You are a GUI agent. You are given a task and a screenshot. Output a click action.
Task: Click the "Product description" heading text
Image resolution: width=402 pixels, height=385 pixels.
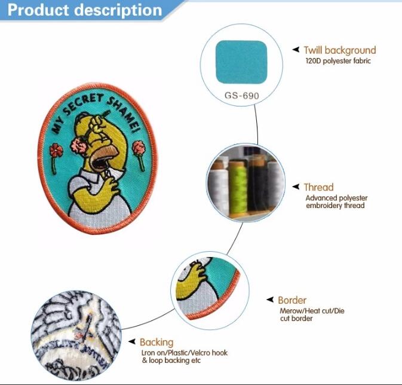tap(85, 11)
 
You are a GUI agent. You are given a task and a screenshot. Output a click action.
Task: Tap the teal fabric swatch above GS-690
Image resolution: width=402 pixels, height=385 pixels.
tap(241, 62)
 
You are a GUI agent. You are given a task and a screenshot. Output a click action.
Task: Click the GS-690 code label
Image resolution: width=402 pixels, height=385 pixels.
tap(242, 96)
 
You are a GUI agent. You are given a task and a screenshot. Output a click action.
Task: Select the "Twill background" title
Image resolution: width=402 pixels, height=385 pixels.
tap(340, 50)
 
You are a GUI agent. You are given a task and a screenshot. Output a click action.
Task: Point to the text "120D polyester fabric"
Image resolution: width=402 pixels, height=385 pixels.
tap(338, 61)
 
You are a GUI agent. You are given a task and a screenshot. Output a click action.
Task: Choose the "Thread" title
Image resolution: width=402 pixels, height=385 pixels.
tap(319, 187)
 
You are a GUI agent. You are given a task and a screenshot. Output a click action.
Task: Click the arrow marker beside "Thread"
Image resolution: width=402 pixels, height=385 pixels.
tap(296, 187)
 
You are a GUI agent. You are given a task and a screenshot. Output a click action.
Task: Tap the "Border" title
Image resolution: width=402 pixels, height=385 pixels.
tap(292, 300)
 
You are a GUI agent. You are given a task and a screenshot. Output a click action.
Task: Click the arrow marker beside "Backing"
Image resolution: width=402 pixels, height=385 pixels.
tap(132, 341)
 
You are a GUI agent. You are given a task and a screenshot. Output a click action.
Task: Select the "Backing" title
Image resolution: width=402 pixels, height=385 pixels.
tap(156, 342)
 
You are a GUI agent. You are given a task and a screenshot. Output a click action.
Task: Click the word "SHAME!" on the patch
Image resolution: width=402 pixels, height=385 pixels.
tap(125, 114)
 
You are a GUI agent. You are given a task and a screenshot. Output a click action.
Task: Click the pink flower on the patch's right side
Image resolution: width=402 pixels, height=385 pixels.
tap(139, 148)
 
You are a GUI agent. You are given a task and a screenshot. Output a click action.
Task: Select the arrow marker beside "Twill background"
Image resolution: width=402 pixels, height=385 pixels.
tap(296, 49)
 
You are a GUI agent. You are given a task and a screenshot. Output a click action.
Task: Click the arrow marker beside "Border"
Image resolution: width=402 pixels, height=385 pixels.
tap(270, 300)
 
